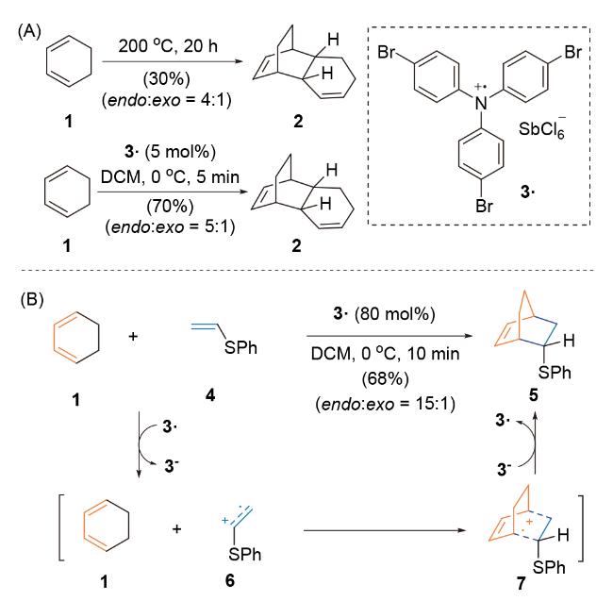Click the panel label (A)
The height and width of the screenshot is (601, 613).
(29, 31)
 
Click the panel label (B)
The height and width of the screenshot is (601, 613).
(32, 300)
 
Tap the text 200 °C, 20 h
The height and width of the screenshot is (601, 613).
(168, 46)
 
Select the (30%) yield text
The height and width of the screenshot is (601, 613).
(167, 79)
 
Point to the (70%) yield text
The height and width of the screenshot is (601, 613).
(170, 206)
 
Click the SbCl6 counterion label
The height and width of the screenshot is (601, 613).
(542, 128)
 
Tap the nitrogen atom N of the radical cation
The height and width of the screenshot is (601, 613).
(481, 103)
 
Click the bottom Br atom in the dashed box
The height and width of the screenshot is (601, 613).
(484, 206)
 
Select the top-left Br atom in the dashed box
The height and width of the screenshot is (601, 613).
(387, 52)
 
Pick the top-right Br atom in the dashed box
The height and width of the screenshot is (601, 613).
(573, 52)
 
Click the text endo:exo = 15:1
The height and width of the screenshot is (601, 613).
(386, 404)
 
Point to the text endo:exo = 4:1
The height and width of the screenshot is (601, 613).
(167, 101)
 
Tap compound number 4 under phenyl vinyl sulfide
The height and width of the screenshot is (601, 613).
(210, 395)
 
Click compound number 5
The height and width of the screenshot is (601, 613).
(533, 395)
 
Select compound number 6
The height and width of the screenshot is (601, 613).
(230, 580)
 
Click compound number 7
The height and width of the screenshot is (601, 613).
(522, 583)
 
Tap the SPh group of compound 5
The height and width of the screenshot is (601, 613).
(555, 373)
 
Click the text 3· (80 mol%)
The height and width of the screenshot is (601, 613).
(384, 314)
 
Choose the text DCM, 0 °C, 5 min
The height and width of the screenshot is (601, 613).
(170, 177)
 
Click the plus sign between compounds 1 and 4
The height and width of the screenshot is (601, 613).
(133, 336)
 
